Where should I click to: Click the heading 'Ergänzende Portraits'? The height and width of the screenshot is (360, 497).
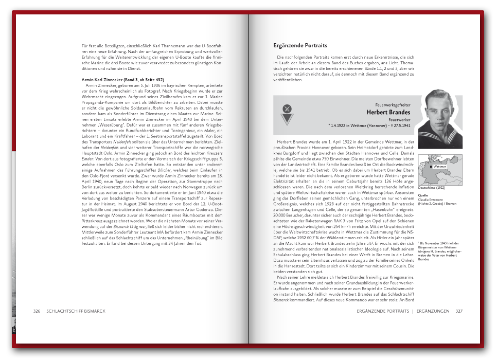click(x=300, y=46)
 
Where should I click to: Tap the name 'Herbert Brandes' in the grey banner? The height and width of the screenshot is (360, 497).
click(x=388, y=112)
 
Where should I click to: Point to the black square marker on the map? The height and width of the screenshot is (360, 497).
click(x=431, y=167)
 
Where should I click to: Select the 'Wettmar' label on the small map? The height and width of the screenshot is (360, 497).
click(x=439, y=167)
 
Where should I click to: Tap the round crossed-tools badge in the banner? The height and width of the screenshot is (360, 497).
click(x=288, y=109)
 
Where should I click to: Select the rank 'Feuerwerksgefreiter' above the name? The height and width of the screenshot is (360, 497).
click(x=393, y=104)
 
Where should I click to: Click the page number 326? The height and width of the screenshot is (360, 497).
click(x=37, y=311)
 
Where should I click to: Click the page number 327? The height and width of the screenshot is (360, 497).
click(x=459, y=311)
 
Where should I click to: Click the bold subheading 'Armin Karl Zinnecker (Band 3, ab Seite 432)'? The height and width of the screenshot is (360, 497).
click(x=123, y=80)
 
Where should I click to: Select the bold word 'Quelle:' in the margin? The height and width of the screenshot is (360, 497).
click(x=423, y=195)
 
